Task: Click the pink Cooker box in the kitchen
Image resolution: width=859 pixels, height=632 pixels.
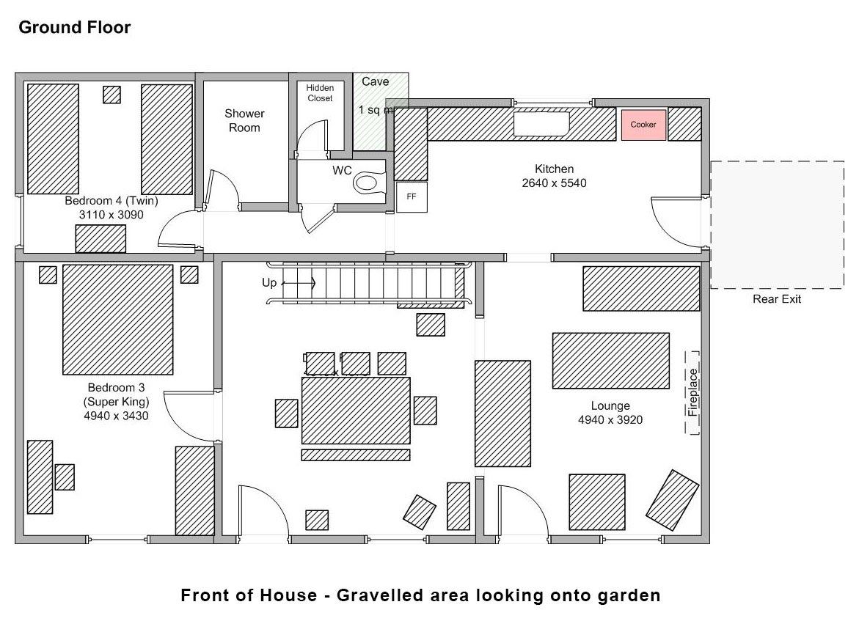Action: (x=643, y=125)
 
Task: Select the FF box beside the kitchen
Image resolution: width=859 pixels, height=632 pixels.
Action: (x=412, y=196)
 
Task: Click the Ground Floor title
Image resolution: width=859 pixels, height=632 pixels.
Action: (x=75, y=27)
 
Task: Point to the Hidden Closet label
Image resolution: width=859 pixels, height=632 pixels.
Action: (x=320, y=93)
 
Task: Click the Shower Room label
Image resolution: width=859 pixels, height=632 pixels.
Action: (x=244, y=120)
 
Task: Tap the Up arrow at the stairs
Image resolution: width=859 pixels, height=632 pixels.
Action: (x=299, y=283)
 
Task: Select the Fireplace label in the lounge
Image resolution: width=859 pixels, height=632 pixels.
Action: (x=693, y=392)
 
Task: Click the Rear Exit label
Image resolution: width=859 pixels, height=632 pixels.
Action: (x=777, y=299)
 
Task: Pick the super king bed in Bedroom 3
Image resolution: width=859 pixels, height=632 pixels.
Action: (x=118, y=319)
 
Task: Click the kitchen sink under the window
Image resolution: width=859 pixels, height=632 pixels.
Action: (x=541, y=124)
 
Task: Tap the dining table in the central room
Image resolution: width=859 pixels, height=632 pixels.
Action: (x=356, y=410)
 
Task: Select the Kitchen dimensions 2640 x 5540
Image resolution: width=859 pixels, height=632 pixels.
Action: (x=555, y=183)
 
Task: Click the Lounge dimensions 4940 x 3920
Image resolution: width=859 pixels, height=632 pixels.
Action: (x=610, y=420)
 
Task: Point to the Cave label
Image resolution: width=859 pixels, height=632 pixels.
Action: (x=376, y=81)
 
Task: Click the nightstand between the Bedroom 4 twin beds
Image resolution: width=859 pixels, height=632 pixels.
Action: (x=112, y=94)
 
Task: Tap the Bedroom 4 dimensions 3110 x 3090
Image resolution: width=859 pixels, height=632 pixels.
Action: (x=112, y=215)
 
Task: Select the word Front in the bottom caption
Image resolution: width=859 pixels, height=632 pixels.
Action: (x=202, y=595)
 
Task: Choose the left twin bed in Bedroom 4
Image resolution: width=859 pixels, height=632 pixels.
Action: (x=53, y=139)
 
